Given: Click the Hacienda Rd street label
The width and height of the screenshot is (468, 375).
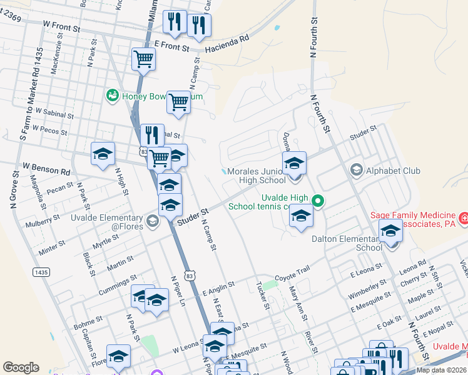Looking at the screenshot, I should [x=226, y=38].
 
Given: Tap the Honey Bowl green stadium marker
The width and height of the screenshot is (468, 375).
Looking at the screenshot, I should [x=113, y=96].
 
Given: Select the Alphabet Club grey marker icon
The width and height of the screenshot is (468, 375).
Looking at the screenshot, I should [x=357, y=170].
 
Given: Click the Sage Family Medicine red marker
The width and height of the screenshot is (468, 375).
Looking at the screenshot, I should [x=464, y=219].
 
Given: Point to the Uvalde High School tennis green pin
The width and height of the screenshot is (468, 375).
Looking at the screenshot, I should [x=318, y=201].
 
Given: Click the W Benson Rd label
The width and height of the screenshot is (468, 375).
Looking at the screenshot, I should [x=46, y=169].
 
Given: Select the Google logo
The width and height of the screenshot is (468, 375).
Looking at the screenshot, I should [x=21, y=367].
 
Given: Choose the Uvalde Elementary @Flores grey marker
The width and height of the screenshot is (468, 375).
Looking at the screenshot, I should [x=152, y=221].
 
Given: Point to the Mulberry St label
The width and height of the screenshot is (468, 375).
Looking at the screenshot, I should [x=43, y=221].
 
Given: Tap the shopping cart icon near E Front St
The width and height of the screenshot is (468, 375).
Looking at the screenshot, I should [x=144, y=60].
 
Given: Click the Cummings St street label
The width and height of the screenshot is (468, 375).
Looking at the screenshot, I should [x=117, y=285].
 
